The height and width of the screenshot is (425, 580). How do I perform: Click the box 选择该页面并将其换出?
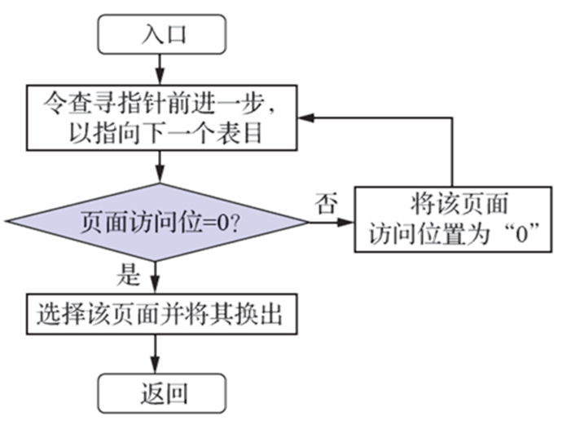pos(159,314)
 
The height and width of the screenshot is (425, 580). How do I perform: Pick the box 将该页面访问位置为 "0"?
pos(452,219)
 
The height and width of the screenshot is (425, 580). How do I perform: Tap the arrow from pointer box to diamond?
pos(160,170)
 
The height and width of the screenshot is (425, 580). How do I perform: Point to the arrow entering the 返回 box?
pos(160,356)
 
